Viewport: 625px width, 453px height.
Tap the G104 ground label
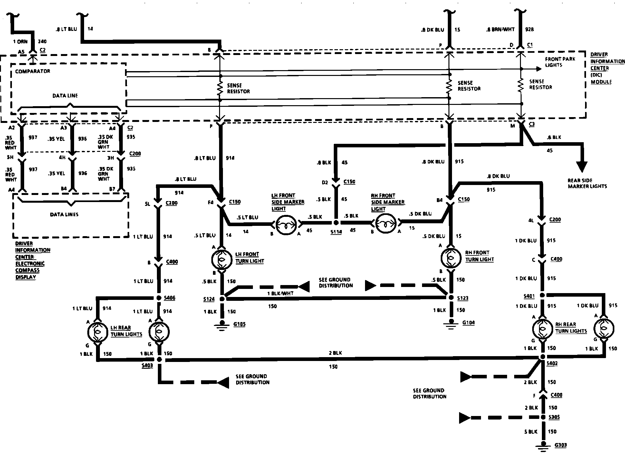pos(468,323)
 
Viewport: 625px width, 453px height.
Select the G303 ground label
pos(561,445)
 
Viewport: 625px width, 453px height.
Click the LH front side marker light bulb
pos(286,223)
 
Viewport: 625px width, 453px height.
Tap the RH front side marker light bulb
pos(386,223)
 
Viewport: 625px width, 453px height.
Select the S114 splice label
pos(336,232)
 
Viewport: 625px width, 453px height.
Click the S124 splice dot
pos(222,299)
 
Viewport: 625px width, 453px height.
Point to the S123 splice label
pos(463,298)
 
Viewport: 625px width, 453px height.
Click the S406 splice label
pos(169,298)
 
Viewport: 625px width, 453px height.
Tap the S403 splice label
pos(147,366)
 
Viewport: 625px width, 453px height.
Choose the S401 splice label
pos(529,296)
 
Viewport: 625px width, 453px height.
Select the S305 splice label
pos(554,417)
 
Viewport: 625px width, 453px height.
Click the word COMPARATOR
pos(33,71)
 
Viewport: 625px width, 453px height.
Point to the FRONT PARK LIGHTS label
pos(560,62)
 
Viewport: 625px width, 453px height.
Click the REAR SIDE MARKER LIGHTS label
pos(587,183)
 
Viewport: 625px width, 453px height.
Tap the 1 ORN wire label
pos(20,42)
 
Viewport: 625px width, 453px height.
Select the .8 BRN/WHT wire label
pos(500,30)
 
